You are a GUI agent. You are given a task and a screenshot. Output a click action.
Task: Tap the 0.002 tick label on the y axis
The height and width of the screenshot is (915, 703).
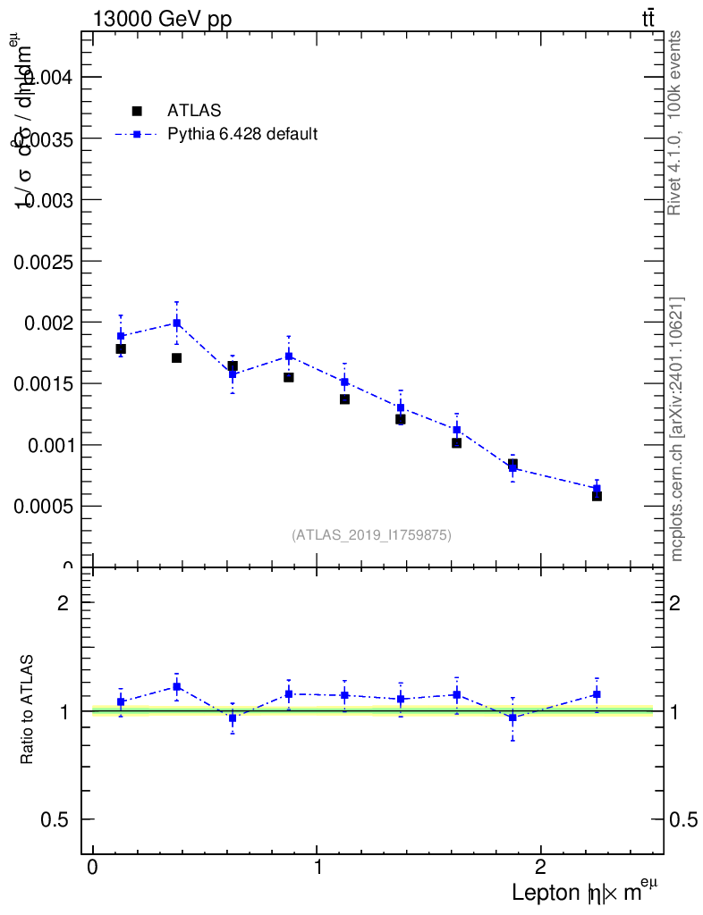tap(44, 322)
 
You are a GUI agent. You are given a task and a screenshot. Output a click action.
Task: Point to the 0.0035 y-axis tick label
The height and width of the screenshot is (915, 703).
tap(39, 139)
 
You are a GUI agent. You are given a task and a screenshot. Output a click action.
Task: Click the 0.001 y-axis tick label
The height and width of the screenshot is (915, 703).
tap(44, 444)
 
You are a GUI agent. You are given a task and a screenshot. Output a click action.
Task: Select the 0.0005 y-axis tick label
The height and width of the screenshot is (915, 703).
tap(39, 506)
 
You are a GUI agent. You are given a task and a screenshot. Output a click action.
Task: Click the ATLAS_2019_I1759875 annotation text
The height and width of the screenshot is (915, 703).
tap(371, 535)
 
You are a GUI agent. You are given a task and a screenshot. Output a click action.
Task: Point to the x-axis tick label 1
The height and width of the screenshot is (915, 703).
tap(318, 869)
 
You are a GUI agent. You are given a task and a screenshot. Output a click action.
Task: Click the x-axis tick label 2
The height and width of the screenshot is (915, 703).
tap(540, 869)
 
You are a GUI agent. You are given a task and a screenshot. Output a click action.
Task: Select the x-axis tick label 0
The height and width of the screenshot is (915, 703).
tap(93, 869)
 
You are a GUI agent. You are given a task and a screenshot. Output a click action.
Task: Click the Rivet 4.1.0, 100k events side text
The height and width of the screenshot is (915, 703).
tap(675, 122)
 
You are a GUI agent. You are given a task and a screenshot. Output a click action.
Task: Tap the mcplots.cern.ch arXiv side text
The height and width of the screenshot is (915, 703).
tap(677, 429)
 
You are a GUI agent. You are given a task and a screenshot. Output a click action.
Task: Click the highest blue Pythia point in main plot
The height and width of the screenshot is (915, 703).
tap(177, 323)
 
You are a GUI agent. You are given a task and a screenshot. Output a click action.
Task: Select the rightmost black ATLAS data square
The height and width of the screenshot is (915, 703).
tap(597, 495)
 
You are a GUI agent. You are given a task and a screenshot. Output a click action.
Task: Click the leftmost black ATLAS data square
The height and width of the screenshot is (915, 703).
tap(121, 348)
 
